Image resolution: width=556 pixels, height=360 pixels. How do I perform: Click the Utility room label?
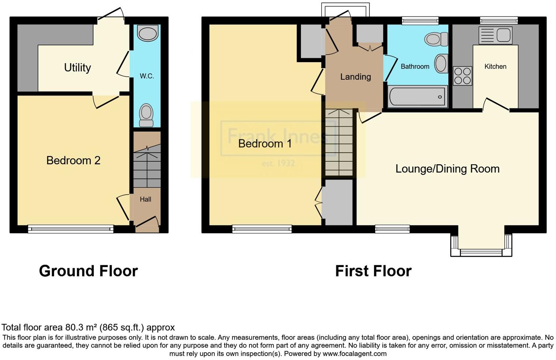77,68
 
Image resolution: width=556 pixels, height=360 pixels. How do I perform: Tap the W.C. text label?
147,76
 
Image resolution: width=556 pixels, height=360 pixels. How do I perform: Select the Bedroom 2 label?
73,160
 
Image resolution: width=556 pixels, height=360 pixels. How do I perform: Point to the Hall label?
145,199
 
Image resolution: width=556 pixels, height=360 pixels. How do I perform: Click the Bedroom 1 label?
265,143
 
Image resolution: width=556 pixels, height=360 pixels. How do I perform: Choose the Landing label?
355,77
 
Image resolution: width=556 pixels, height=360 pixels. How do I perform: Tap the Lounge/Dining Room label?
447,169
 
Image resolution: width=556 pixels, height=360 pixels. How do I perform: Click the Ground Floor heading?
88,271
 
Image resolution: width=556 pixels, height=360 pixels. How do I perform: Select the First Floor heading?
373,271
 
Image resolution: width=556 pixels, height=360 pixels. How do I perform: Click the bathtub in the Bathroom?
417,97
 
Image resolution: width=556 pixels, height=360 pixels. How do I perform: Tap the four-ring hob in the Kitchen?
462,76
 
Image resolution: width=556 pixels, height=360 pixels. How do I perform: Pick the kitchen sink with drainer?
495,35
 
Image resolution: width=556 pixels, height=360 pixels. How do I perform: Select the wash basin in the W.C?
148,33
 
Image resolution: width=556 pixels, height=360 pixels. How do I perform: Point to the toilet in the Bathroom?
436,39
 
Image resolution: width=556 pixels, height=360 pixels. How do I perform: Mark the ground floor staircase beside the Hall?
147,165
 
